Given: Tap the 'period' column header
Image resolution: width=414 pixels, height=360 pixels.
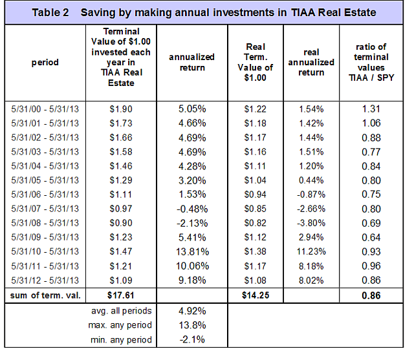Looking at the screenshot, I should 45,63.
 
